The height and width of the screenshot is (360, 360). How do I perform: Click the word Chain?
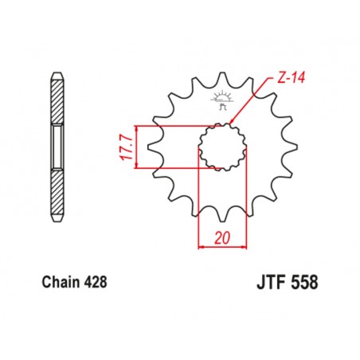pos(56,282)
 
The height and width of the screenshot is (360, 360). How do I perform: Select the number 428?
pos(93,282)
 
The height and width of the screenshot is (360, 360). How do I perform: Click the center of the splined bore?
pos(222,146)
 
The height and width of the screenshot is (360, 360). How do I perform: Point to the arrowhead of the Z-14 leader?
pos(230,123)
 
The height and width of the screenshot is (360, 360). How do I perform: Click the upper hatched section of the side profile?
pos(57,100)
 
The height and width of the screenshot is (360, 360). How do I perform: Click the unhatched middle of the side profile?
pos(57,147)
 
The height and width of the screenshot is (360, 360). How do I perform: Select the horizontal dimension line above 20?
pos(222,248)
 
